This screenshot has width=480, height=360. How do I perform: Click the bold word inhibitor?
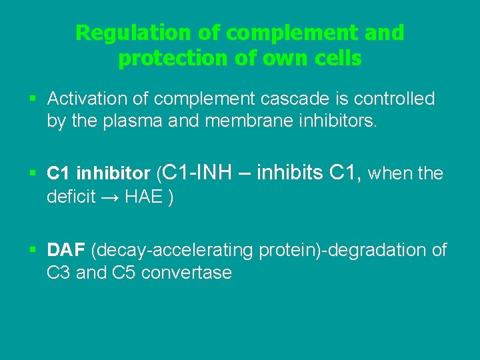pyautogui.click(x=113, y=174)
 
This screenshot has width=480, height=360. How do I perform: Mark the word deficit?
pyautogui.click(x=71, y=198)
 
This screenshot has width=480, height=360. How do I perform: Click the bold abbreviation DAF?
pyautogui.click(x=66, y=250)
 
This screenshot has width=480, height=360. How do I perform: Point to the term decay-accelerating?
pyautogui.click(x=174, y=251)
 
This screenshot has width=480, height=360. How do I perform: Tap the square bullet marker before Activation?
pyautogui.click(x=33, y=99)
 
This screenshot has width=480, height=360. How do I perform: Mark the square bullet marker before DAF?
pyautogui.click(x=33, y=251)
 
